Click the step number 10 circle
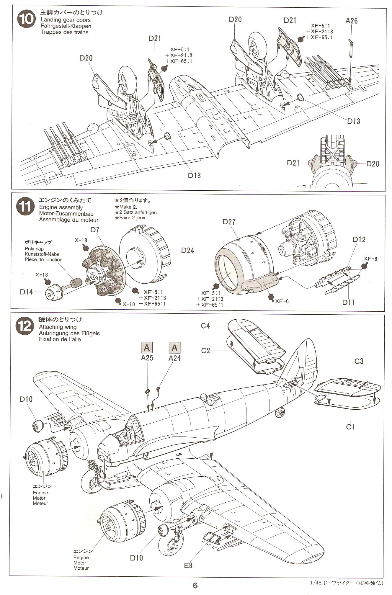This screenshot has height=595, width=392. pos(26,20)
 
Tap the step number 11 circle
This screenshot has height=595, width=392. pos(24,207)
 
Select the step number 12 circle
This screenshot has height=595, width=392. pos(24,326)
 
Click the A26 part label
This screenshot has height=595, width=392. pos(351,21)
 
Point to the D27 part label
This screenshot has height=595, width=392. pos(229,222)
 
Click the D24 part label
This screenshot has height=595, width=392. pos(187,250)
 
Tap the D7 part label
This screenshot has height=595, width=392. pos(95,230)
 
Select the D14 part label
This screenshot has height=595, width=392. pos(27,292)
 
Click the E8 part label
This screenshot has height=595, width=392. pos(188,565)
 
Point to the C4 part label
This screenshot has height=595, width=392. pos(205,326)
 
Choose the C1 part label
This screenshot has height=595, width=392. pos(350,426)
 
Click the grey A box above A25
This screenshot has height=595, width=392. pos(147,348)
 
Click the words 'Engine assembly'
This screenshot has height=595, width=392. pos(61,207)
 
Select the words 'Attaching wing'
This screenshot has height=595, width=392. pos(58,327)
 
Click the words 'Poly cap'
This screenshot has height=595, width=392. pos(34,249)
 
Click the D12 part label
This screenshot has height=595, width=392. pos(359,239)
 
